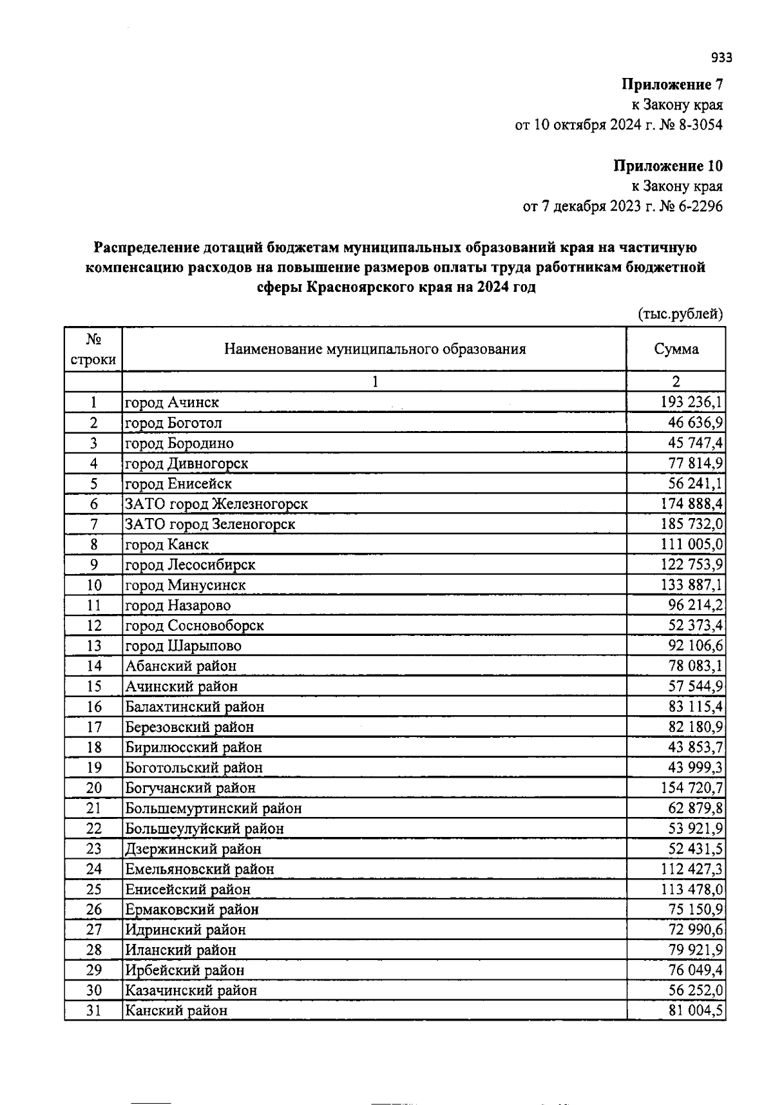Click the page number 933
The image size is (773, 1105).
721,58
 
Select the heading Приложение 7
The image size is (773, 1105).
672,84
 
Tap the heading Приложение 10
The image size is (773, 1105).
667,166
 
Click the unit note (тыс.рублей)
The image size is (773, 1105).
680,314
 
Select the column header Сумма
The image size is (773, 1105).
676,349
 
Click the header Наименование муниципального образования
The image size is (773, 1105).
374,349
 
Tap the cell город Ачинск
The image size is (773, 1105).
172,403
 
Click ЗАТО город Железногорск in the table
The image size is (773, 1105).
216,504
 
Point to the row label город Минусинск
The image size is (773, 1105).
186,585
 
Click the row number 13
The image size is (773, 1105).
93,646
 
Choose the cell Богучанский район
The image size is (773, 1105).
191,787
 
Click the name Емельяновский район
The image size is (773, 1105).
200,869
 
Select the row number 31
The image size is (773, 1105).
93,1010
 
